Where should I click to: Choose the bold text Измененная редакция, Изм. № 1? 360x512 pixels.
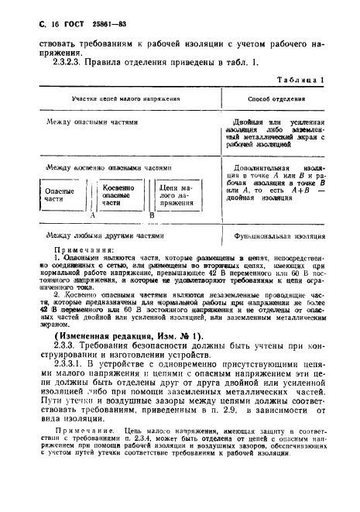[x=124, y=336]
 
